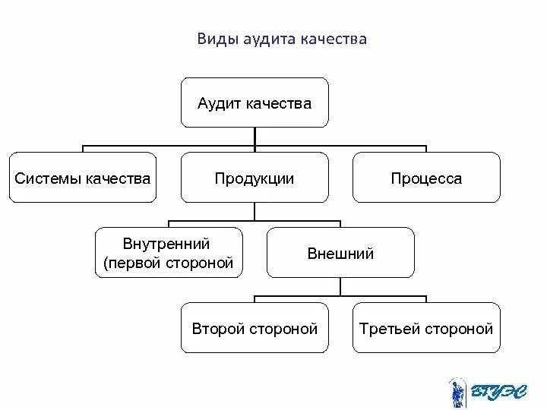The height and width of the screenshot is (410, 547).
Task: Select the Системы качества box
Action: click(x=83, y=177)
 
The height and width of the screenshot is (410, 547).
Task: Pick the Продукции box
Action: click(x=255, y=177)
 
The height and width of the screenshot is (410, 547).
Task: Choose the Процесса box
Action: click(x=426, y=177)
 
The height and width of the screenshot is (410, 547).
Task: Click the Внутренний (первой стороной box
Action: click(x=169, y=253)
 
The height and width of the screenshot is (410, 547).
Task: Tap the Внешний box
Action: click(x=340, y=253)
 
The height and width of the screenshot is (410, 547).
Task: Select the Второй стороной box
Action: click(x=255, y=327)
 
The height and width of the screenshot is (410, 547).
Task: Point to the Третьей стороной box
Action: click(x=426, y=327)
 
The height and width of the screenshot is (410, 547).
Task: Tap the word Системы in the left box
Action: click(x=48, y=179)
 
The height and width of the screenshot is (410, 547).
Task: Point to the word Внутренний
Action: click(x=166, y=244)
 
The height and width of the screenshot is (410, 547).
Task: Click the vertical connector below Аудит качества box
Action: click(x=255, y=136)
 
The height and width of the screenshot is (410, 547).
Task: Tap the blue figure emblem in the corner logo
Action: click(x=457, y=391)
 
